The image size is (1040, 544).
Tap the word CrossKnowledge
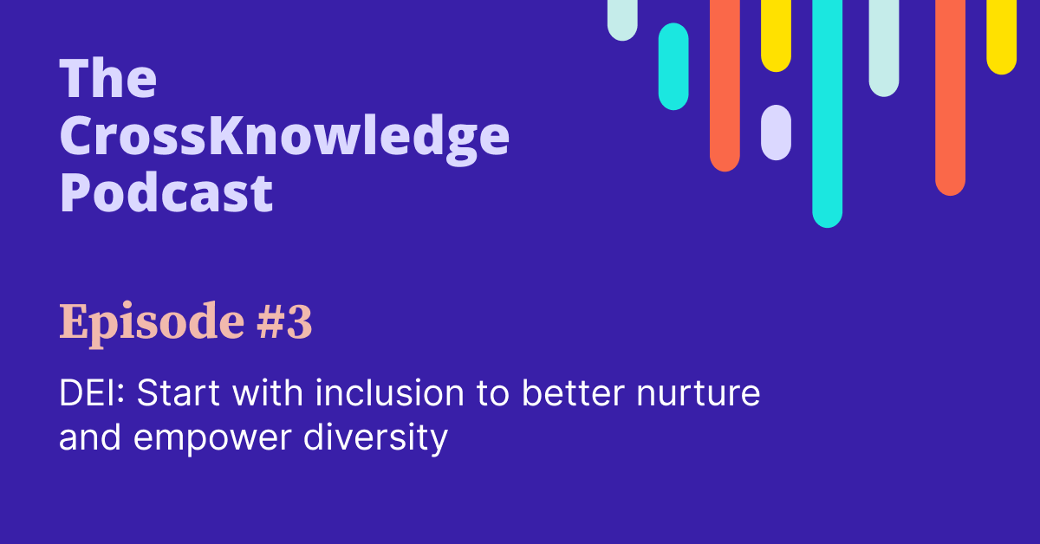pyautogui.click(x=283, y=137)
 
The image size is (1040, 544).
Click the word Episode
pyautogui.click(x=140, y=325)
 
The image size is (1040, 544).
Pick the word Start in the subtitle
pyautogui.click(x=173, y=395)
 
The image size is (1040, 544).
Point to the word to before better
pyautogui.click(x=492, y=395)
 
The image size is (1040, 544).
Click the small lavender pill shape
pyautogui.click(x=776, y=133)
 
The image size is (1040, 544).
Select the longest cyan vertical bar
pyautogui.click(x=827, y=113)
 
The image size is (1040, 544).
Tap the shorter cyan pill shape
pyautogui.click(x=673, y=66)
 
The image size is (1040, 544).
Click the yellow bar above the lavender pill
pyautogui.click(x=776, y=35)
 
